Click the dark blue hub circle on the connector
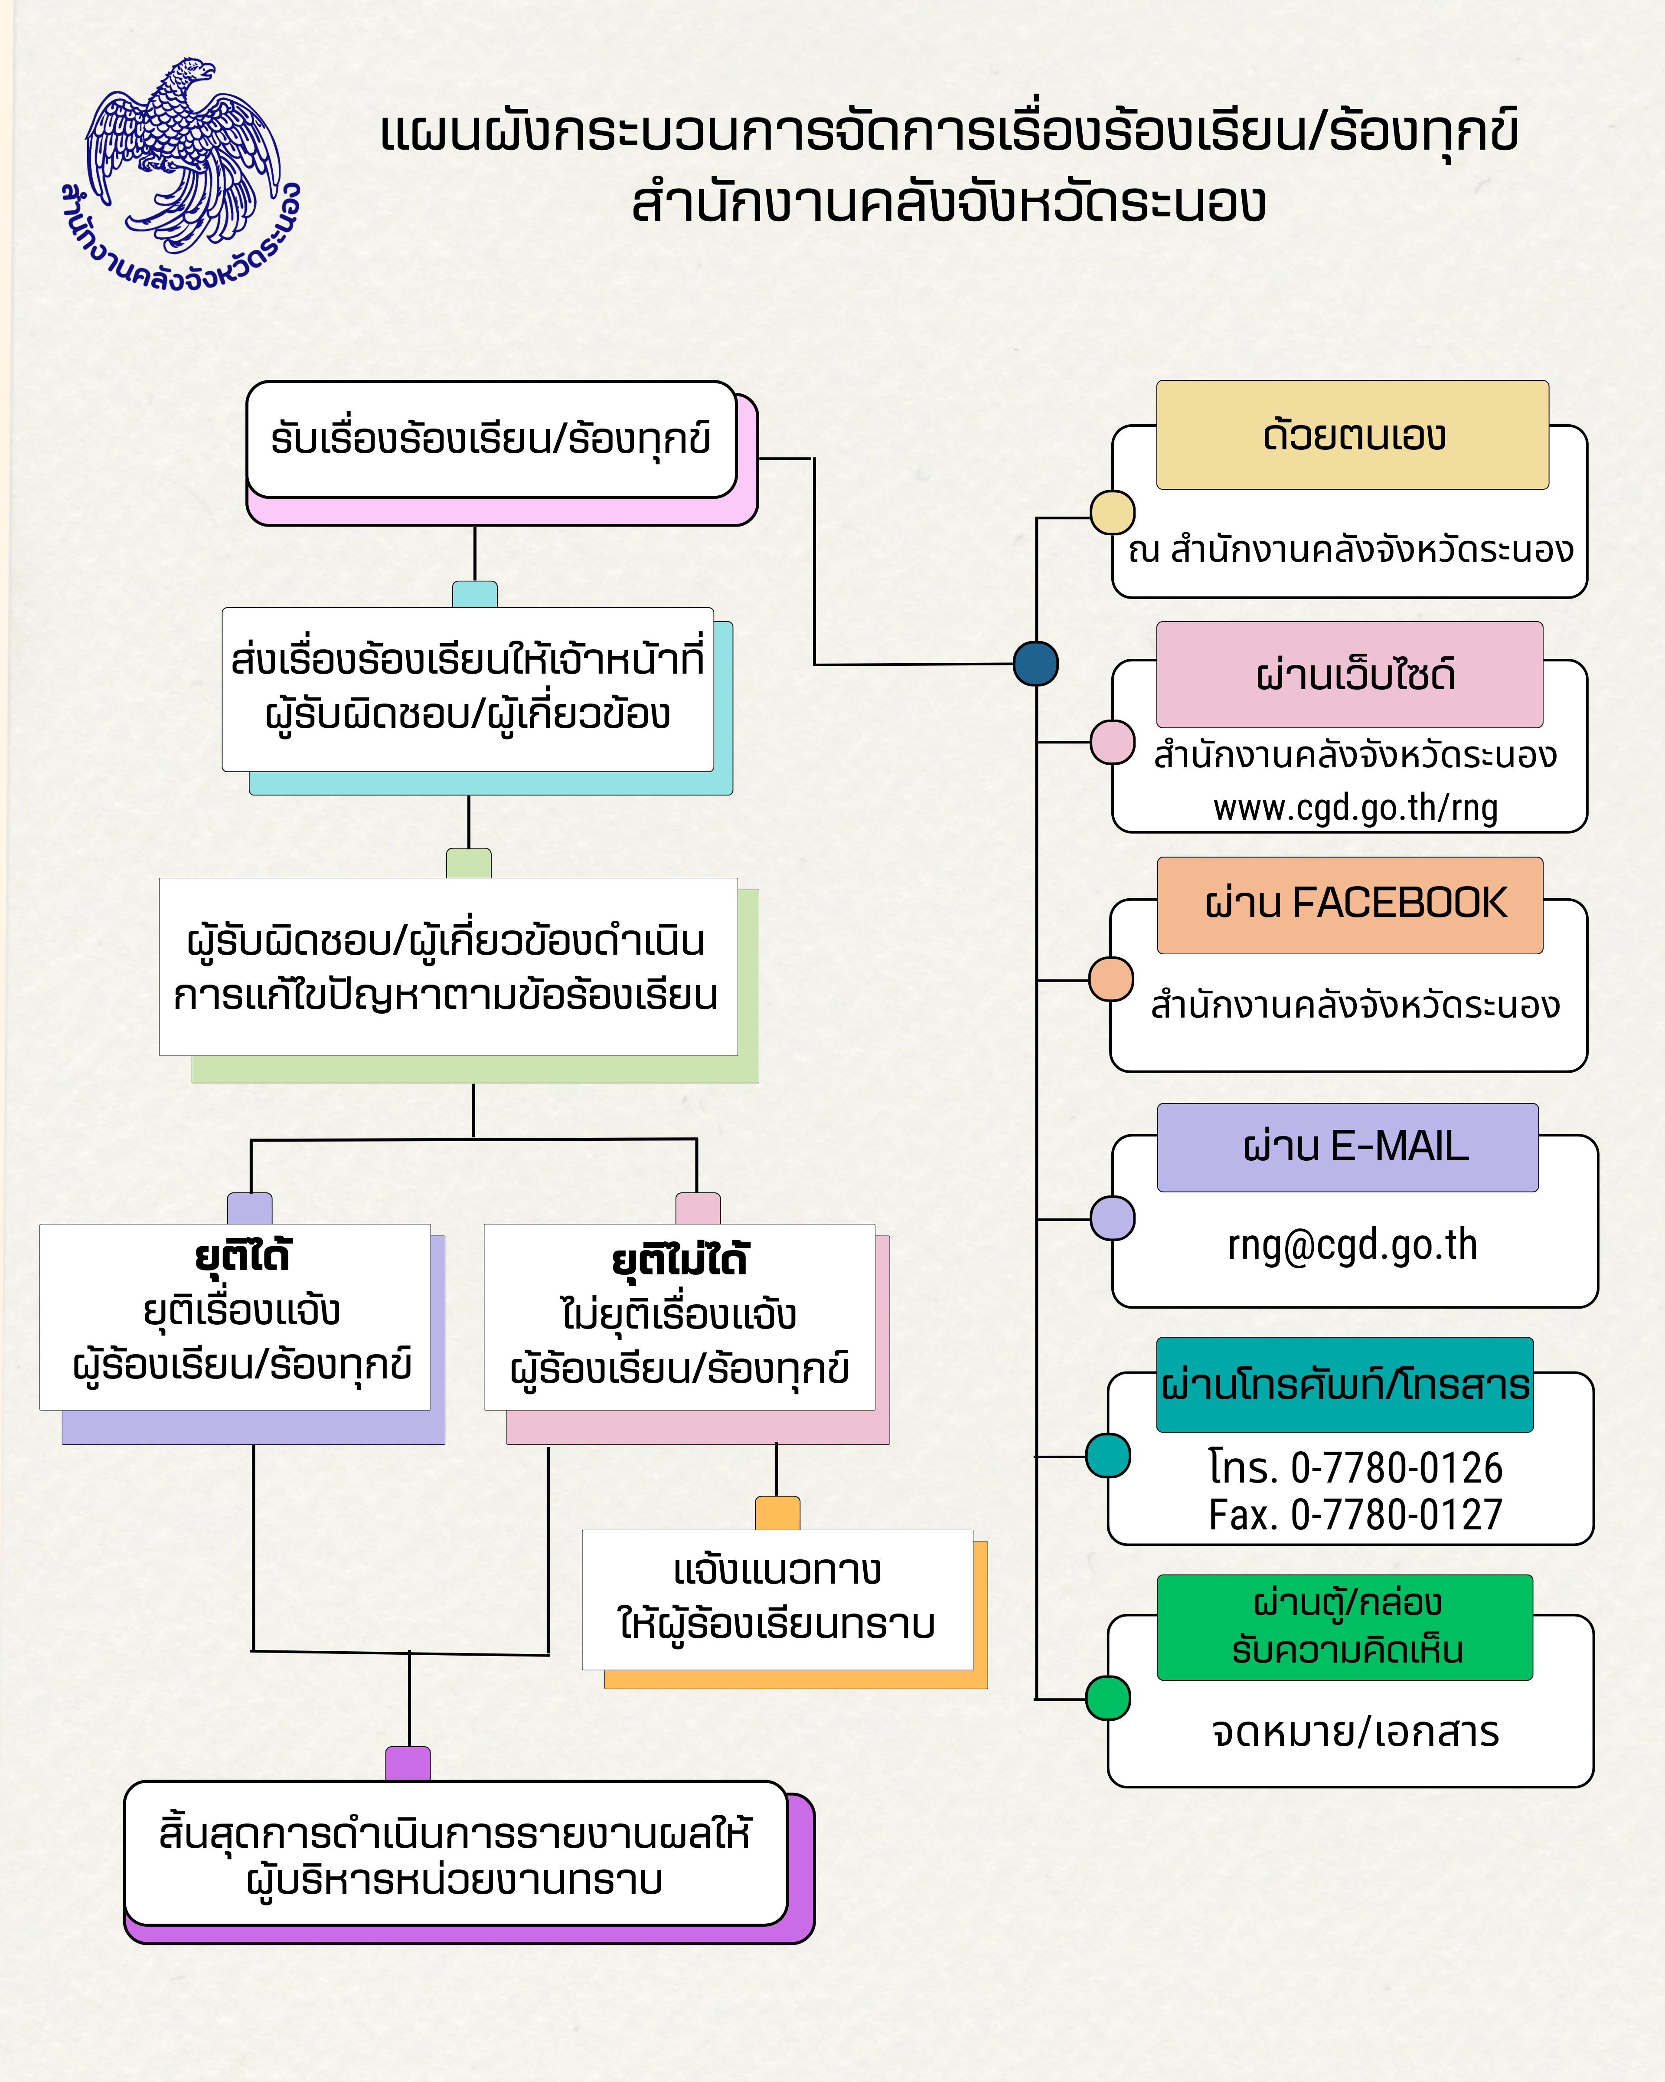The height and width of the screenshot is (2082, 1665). (x=1036, y=663)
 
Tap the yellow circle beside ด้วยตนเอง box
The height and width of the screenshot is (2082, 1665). (x=1112, y=512)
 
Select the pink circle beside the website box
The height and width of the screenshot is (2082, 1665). (x=1112, y=742)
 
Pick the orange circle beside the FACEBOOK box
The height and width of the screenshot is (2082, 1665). (x=1111, y=979)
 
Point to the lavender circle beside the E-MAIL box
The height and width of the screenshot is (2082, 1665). (x=1112, y=1218)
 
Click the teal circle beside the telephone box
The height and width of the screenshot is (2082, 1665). (x=1108, y=1455)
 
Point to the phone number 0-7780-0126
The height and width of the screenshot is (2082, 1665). (x=1397, y=1468)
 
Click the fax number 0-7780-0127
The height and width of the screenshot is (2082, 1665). (x=1397, y=1514)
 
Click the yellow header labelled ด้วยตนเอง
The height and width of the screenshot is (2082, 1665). (x=1352, y=435)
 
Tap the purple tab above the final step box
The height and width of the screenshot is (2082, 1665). (x=407, y=1763)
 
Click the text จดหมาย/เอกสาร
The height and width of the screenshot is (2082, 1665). (x=1355, y=1732)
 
